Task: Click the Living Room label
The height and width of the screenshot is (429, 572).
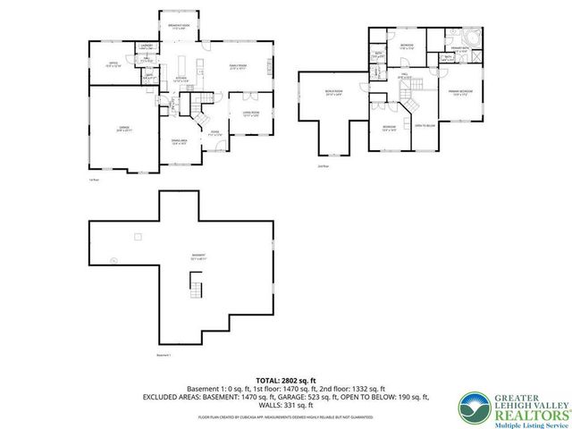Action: coord(250,113)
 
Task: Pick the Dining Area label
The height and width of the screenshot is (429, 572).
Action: coord(179,142)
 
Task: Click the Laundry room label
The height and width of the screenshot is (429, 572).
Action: coord(147,45)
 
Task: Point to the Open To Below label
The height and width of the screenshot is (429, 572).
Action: coord(425,126)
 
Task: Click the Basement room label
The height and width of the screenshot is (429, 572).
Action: coord(196,256)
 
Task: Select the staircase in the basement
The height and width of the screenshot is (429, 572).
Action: coord(196,288)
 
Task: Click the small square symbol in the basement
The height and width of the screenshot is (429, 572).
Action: coord(137,236)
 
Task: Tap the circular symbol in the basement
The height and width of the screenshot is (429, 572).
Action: coord(114,261)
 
